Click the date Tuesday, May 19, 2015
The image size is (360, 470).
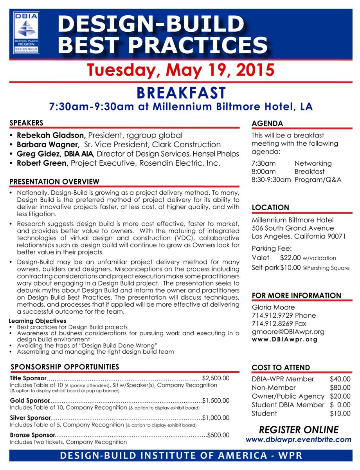click(x=180, y=70)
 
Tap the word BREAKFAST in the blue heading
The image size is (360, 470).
click(x=181, y=93)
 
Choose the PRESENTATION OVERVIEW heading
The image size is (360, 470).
click(x=54, y=182)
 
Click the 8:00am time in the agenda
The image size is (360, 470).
click(x=264, y=172)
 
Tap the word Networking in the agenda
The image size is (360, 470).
click(x=313, y=163)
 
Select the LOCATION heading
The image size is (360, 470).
click(x=270, y=208)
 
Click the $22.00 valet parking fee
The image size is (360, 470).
click(x=290, y=258)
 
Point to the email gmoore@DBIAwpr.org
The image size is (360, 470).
click(x=288, y=332)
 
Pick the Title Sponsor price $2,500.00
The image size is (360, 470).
click(x=216, y=378)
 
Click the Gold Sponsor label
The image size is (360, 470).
click(x=30, y=401)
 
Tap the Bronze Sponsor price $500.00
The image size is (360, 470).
click(x=218, y=435)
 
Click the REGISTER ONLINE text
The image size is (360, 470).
click(x=299, y=430)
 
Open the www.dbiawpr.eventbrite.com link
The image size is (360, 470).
click(x=299, y=440)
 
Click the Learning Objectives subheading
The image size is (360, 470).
click(x=38, y=321)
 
